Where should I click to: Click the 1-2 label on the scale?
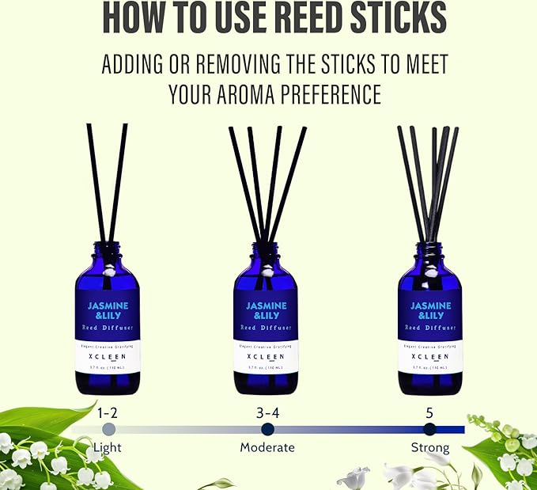[109, 412]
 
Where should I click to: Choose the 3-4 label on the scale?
[267, 412]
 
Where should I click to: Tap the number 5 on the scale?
[429, 412]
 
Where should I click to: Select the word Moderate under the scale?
[267, 447]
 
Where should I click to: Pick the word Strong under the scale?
[429, 447]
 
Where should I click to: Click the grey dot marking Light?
[109, 429]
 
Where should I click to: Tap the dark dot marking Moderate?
[267, 429]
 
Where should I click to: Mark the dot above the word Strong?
[429, 429]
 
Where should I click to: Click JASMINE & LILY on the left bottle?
[108, 310]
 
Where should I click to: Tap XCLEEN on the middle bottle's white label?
[267, 356]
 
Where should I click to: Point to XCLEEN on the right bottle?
[429, 356]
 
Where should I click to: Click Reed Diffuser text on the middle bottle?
[267, 327]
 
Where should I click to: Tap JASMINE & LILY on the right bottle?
[429, 310]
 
